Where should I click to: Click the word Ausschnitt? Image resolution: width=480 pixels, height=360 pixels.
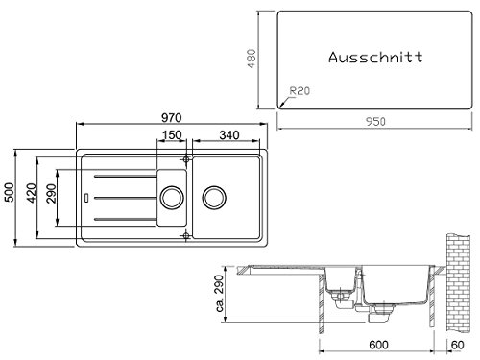coord(375,58)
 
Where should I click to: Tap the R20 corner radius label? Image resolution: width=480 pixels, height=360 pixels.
coord(300,91)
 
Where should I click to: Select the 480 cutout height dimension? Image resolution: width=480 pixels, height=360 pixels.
coord(252,59)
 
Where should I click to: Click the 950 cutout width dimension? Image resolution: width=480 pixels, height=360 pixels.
coord(375,122)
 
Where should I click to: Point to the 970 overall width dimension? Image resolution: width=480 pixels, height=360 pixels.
coord(172,118)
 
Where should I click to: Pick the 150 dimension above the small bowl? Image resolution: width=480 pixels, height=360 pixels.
coord(172,135)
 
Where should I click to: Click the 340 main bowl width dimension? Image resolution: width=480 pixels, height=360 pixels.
coord(229,135)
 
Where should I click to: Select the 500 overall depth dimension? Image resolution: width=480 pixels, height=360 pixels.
coord(10,192)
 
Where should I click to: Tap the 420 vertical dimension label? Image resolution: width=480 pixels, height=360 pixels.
coord(32,193)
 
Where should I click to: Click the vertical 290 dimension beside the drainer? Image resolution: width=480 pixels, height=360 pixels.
coord(51,193)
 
